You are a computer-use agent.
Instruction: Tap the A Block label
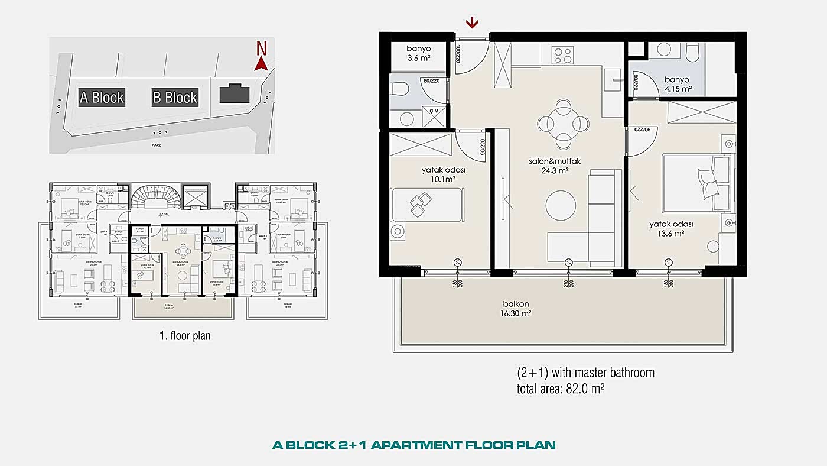pos(102,98)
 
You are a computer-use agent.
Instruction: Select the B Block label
pos(175,98)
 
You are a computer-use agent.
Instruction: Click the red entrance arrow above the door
pos(472,23)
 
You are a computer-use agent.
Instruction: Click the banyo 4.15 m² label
pos(678,85)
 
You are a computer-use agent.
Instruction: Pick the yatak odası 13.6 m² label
pos(670,229)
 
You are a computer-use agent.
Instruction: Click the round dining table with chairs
pos(564,124)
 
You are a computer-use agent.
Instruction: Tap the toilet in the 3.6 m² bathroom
pos(401,89)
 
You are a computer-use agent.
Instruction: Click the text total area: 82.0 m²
pos(561,389)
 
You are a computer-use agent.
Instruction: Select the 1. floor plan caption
pos(185,336)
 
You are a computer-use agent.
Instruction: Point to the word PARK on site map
pos(156,144)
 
